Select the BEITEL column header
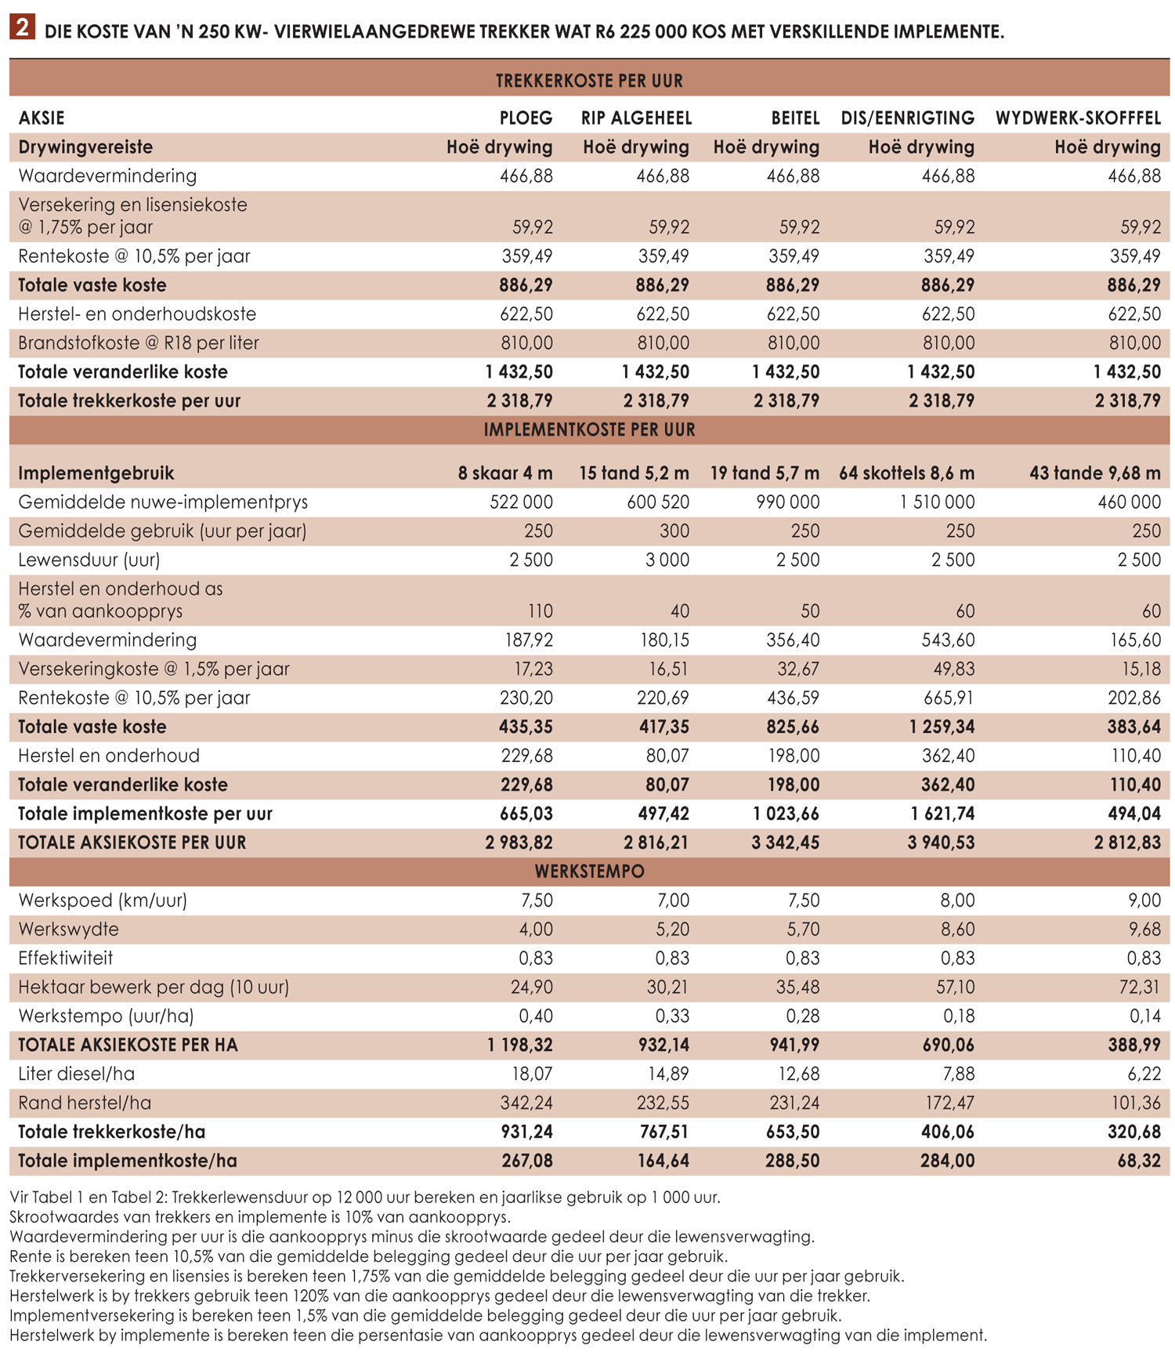point(795,118)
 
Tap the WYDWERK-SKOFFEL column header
point(1078,118)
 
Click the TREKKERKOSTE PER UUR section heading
point(589,81)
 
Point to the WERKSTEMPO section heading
point(589,872)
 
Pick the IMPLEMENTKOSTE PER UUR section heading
point(589,430)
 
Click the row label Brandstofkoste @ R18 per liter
point(139,343)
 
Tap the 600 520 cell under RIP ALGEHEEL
point(658,502)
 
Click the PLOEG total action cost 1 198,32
point(519,1045)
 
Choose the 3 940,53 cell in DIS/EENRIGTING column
point(941,843)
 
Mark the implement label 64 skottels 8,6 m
point(906,473)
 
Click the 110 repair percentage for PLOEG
point(540,611)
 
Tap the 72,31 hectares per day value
point(1140,987)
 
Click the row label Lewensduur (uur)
point(89,560)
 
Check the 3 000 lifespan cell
point(667,560)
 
